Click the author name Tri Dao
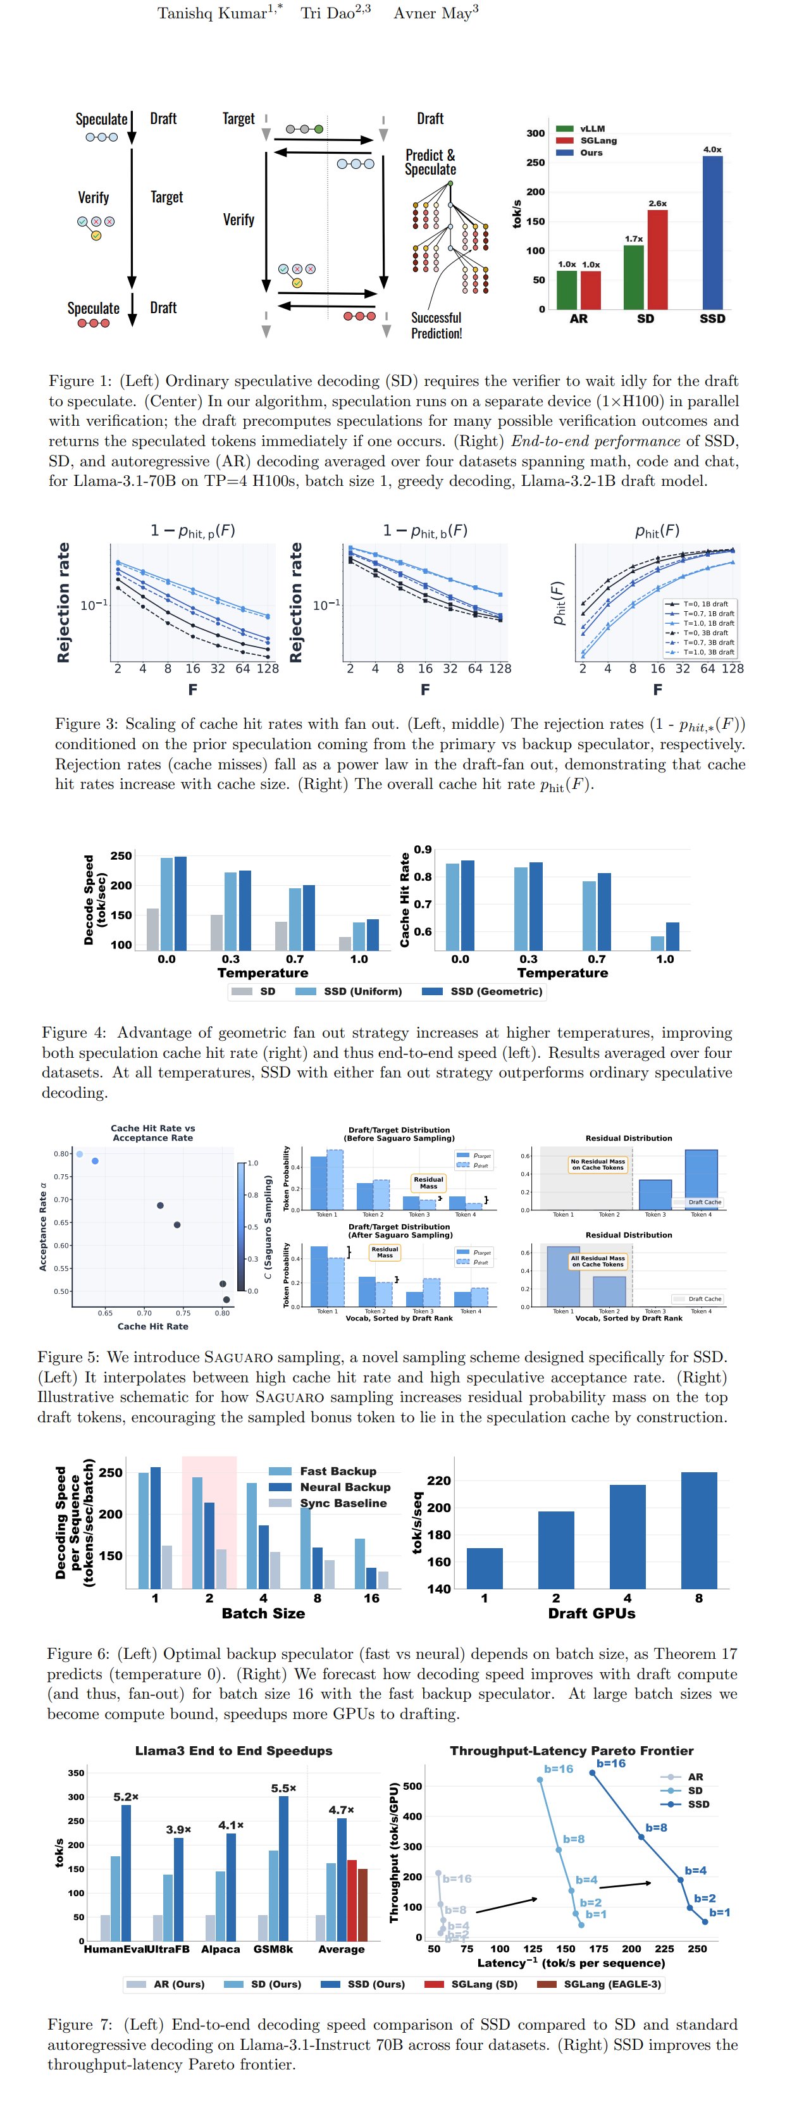335,13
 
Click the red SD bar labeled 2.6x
657,259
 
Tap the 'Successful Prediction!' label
436,325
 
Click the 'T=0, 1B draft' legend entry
705,604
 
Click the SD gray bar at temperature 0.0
152,929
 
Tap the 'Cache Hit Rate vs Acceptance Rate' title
152,1132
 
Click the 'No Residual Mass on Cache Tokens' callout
598,1164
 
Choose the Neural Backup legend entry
345,1487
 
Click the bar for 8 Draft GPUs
698,1530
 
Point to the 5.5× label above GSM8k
283,1788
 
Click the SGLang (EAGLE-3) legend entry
612,1984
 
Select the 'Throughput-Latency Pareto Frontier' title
572,1751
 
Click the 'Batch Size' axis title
263,1613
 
